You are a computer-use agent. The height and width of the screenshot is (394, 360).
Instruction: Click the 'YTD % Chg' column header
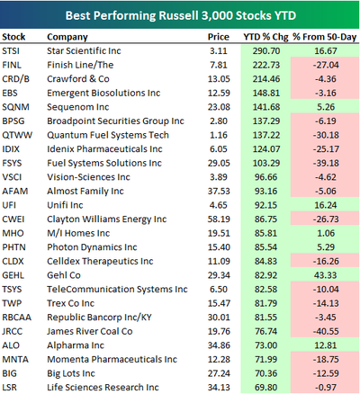(x=265, y=37)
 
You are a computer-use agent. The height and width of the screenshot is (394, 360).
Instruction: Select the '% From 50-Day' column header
(x=325, y=37)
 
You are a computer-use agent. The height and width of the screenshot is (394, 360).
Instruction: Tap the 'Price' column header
(x=219, y=37)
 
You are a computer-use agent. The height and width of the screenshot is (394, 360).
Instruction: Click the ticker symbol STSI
(x=11, y=51)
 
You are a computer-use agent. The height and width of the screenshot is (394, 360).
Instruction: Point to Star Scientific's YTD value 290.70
(x=266, y=51)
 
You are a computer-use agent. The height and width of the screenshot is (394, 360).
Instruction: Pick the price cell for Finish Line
(x=219, y=65)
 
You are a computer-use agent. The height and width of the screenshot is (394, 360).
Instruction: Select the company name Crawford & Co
(x=78, y=79)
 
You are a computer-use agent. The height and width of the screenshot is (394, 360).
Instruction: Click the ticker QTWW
(x=17, y=135)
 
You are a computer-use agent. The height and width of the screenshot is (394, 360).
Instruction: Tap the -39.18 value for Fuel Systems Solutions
(x=326, y=164)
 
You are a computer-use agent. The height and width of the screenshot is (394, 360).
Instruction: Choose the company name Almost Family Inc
(x=85, y=192)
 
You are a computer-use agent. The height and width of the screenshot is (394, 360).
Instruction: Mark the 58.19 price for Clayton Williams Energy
(x=219, y=219)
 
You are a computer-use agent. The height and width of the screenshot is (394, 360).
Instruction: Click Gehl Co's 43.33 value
(x=326, y=275)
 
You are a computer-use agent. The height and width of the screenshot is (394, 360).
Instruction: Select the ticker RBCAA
(x=17, y=318)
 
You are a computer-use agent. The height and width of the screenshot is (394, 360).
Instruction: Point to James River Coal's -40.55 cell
(x=326, y=332)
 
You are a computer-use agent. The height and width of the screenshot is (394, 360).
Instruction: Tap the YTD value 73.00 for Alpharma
(x=266, y=345)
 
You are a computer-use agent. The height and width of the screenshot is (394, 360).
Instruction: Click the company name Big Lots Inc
(x=71, y=373)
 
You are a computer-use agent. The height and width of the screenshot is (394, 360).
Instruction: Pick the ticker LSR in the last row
(x=10, y=388)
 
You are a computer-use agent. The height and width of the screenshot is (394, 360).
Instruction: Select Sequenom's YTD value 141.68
(x=266, y=107)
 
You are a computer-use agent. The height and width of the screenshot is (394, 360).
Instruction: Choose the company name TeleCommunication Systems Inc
(x=117, y=290)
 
